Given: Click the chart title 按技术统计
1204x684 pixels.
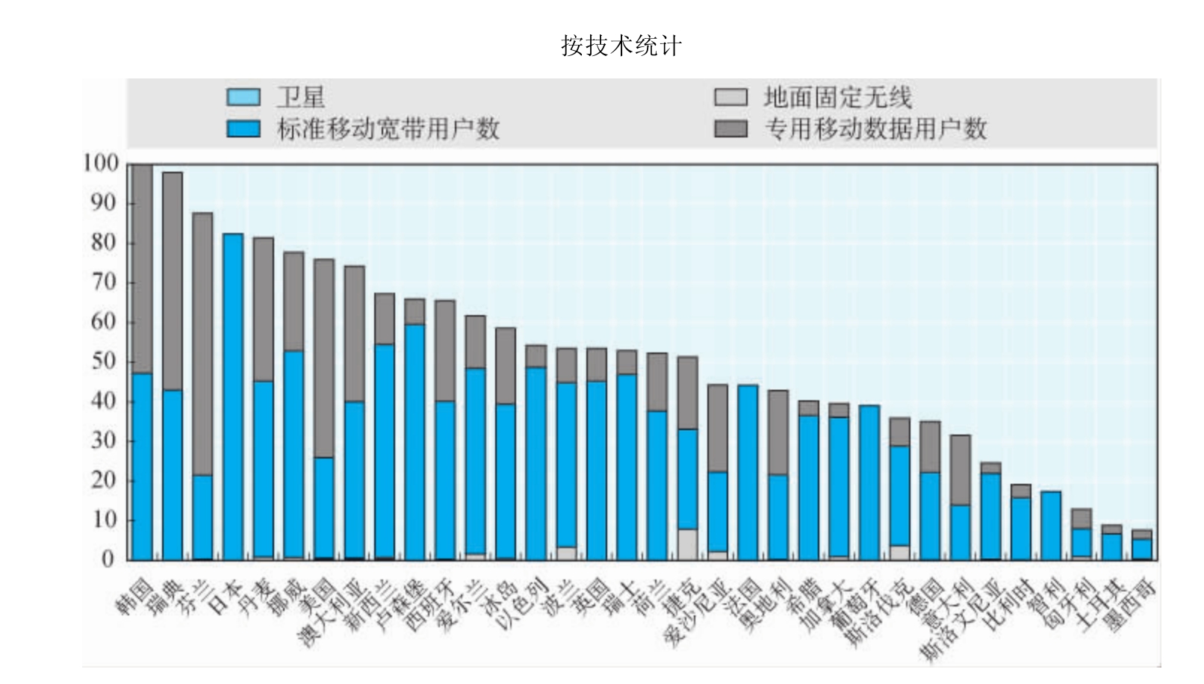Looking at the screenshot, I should point(621,46).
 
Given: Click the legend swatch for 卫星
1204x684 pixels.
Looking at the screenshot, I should point(243,97).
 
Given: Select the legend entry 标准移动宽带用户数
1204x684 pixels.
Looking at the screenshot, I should point(388,129).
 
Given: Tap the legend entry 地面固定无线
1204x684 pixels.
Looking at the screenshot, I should point(837,97).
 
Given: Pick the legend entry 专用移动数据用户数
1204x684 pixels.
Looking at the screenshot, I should point(875,129).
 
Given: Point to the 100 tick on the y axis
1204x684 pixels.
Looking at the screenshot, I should point(102,164).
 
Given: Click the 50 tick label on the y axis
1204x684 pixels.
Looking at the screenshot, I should point(104,361).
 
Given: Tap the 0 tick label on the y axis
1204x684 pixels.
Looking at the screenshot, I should point(109,559).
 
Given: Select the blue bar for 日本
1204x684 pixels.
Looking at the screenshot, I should point(233,396).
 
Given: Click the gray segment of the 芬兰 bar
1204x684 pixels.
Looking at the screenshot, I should point(202,343).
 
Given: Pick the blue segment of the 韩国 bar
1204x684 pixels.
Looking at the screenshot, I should point(142,466).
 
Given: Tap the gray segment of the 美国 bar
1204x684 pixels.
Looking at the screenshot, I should point(324,358).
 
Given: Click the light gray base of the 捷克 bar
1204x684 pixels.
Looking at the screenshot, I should point(687,544).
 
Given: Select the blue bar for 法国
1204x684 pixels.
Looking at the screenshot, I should point(748,472).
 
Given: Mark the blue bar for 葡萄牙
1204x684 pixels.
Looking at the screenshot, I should point(869,482).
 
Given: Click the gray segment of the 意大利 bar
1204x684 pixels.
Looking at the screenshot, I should point(960,470).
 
